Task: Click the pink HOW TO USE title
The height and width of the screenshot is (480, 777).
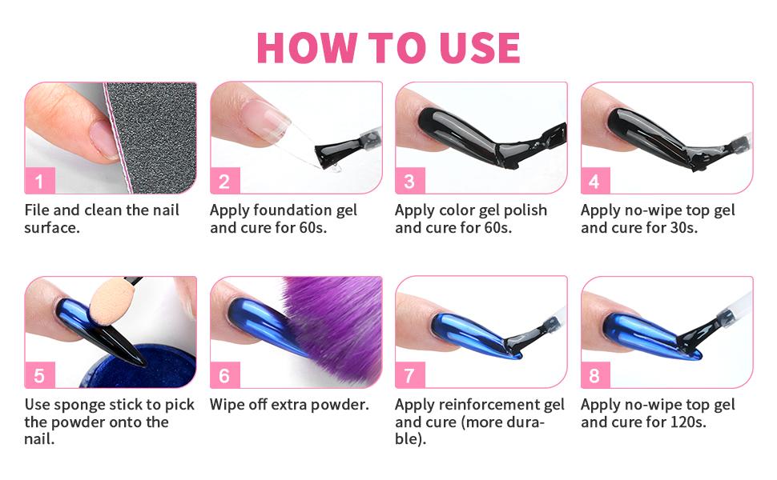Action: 388,48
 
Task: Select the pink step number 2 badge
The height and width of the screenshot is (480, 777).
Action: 224,181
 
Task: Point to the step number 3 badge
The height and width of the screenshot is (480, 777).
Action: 409,181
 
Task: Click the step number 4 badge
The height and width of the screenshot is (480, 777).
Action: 594,181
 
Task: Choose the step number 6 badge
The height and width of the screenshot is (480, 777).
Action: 224,375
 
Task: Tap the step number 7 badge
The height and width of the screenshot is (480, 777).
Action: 409,375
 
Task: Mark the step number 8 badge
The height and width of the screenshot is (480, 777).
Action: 594,375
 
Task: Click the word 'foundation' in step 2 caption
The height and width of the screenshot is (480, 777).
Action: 294,210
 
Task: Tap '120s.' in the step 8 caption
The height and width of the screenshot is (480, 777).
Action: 683,422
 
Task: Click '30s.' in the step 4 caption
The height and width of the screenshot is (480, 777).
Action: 677,227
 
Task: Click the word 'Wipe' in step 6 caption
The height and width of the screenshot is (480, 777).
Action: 227,405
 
